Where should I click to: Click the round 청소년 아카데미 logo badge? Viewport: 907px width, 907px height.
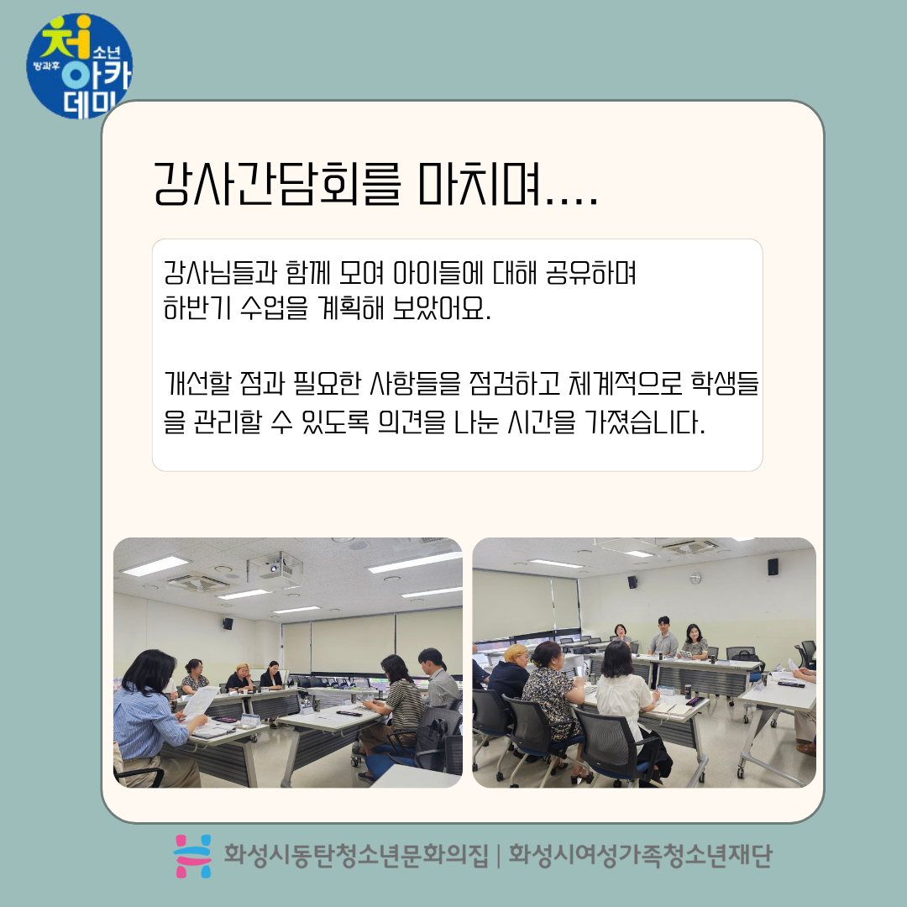(79, 66)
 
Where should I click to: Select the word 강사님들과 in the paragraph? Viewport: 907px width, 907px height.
(220, 272)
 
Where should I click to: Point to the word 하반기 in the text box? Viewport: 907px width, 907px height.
(197, 307)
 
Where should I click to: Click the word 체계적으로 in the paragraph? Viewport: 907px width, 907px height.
(626, 383)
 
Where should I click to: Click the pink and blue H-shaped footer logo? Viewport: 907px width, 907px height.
(193, 856)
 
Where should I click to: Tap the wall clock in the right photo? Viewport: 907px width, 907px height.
(696, 578)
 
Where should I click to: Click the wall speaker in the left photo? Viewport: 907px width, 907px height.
(228, 623)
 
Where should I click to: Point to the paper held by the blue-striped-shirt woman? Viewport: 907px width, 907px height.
(199, 701)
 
